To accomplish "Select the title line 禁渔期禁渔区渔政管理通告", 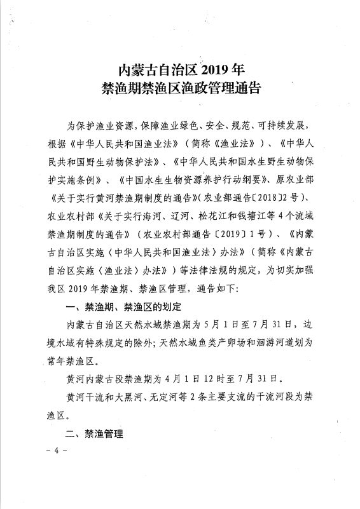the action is (180, 87).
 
